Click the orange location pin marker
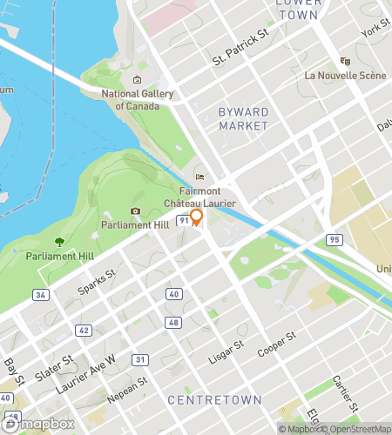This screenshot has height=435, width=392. coord(197,217)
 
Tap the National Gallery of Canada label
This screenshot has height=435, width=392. coord(138,100)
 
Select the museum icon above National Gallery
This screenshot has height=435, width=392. coord(137,81)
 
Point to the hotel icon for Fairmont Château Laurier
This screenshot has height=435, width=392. coord(199,177)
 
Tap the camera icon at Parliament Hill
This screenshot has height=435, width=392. coord(135,211)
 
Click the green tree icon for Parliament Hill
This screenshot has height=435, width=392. coord(59,242)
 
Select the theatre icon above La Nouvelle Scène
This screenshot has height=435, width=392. coord(345,62)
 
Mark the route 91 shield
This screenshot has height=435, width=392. coord(183,221)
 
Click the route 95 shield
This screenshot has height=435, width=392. coord(334,238)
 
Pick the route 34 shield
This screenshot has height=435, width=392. coord(40,295)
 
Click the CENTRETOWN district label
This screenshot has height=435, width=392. coord(214,400)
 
